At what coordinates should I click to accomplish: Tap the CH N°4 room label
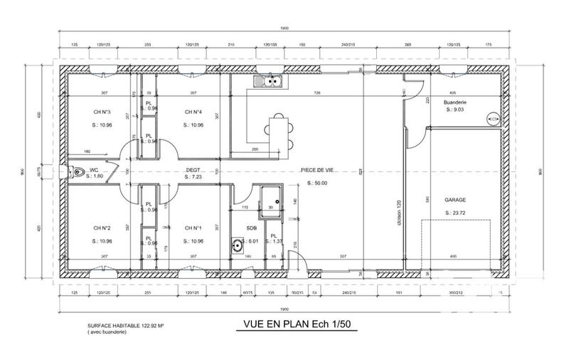tap(193, 112)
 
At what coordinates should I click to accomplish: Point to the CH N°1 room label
tap(193, 228)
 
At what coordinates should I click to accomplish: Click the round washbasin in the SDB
tap(237, 246)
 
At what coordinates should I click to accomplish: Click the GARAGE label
tap(455, 201)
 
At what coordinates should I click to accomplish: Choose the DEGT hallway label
tap(193, 170)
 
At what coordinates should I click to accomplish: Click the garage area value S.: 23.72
tap(455, 213)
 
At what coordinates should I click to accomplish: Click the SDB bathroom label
tap(251, 228)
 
